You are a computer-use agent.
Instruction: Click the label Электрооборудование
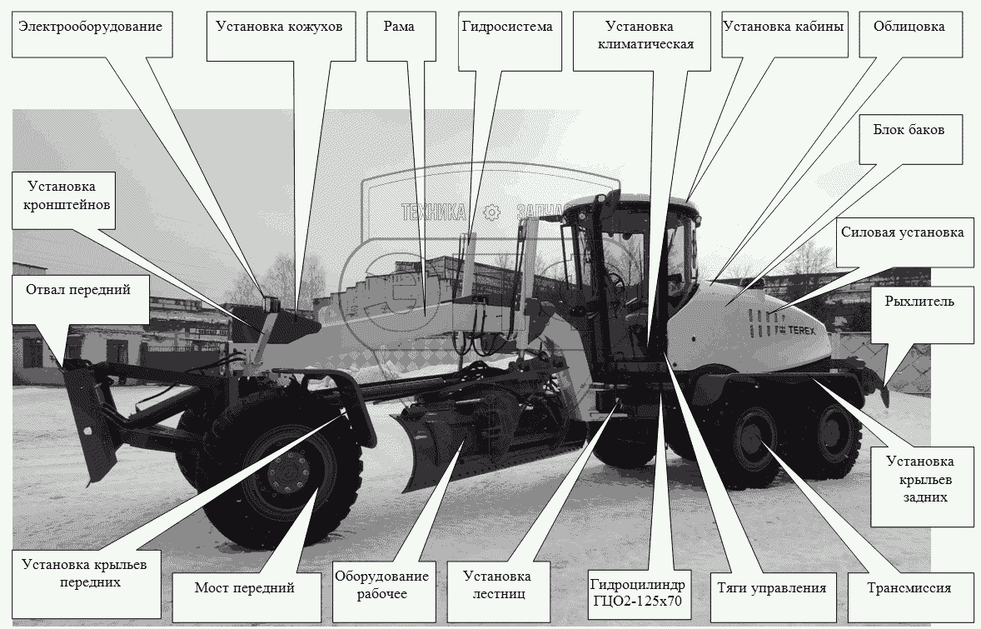pyautogui.click(x=91, y=27)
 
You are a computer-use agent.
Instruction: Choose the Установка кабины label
pyautogui.click(x=784, y=27)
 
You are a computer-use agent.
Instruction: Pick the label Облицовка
pyautogui.click(x=909, y=27)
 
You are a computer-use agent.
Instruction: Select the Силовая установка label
pyautogui.click(x=902, y=232)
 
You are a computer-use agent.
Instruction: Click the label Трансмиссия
pyautogui.click(x=909, y=588)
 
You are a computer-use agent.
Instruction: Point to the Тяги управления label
pyautogui.click(x=771, y=588)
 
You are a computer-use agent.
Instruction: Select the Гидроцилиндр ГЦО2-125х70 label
pyautogui.click(x=638, y=593)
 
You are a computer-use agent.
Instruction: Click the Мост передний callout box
pyautogui.click(x=245, y=587)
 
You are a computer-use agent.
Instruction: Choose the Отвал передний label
pyautogui.click(x=78, y=290)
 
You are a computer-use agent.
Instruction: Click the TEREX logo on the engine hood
pyautogui.click(x=796, y=330)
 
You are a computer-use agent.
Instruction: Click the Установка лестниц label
pyautogui.click(x=497, y=585)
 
